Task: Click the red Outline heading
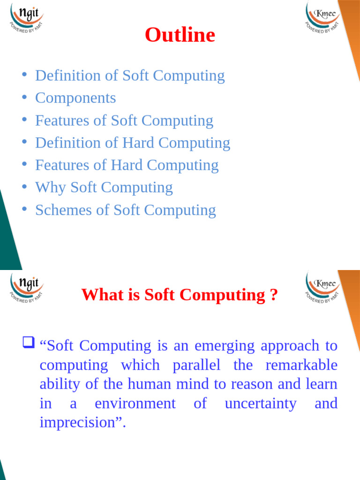(180, 35)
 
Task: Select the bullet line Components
(75, 98)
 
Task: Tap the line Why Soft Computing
(104, 187)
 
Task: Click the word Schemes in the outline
(64, 210)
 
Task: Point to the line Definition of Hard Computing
(133, 143)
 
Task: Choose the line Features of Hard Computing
(127, 165)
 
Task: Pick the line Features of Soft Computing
(124, 120)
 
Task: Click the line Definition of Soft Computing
(130, 75)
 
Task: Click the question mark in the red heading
(274, 295)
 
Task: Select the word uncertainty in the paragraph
(261, 404)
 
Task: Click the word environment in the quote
(135, 404)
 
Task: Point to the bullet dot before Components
(24, 97)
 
